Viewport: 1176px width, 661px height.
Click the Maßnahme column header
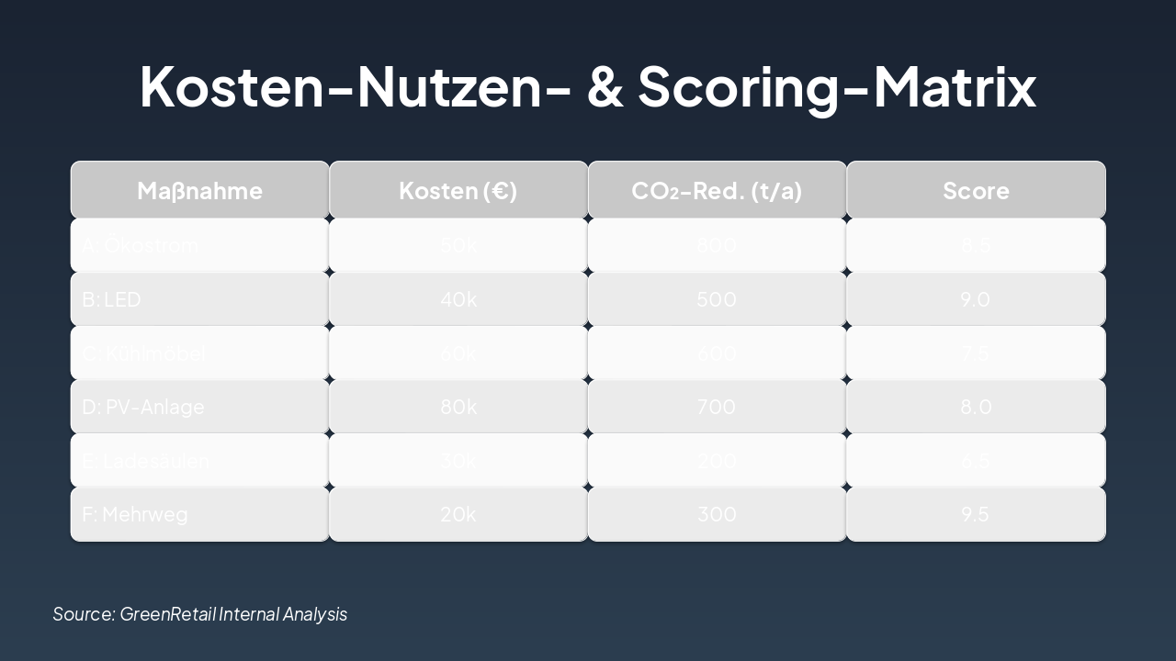(199, 190)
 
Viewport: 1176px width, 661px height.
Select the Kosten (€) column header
(458, 190)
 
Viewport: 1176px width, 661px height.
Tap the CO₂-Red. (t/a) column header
(717, 190)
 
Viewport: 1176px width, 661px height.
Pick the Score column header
(976, 190)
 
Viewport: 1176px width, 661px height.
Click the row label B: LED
(111, 299)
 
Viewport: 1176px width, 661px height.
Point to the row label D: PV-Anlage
(143, 407)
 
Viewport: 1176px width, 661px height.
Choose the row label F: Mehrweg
(135, 514)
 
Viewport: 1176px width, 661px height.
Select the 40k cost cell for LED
(458, 299)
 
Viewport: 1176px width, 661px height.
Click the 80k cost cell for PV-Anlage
(458, 407)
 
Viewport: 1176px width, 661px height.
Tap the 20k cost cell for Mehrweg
(458, 514)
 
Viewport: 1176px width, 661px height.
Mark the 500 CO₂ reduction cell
(717, 299)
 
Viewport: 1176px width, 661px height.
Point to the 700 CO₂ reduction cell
(717, 407)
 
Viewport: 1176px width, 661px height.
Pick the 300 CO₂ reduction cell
(717, 514)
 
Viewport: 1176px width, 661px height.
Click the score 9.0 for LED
(975, 299)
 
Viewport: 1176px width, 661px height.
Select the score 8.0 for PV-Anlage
(975, 407)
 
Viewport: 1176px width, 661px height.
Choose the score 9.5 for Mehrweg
(975, 514)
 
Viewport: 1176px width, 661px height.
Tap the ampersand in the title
(605, 87)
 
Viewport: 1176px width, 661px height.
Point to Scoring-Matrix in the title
(837, 87)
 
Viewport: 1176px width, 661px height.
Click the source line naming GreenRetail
(200, 614)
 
